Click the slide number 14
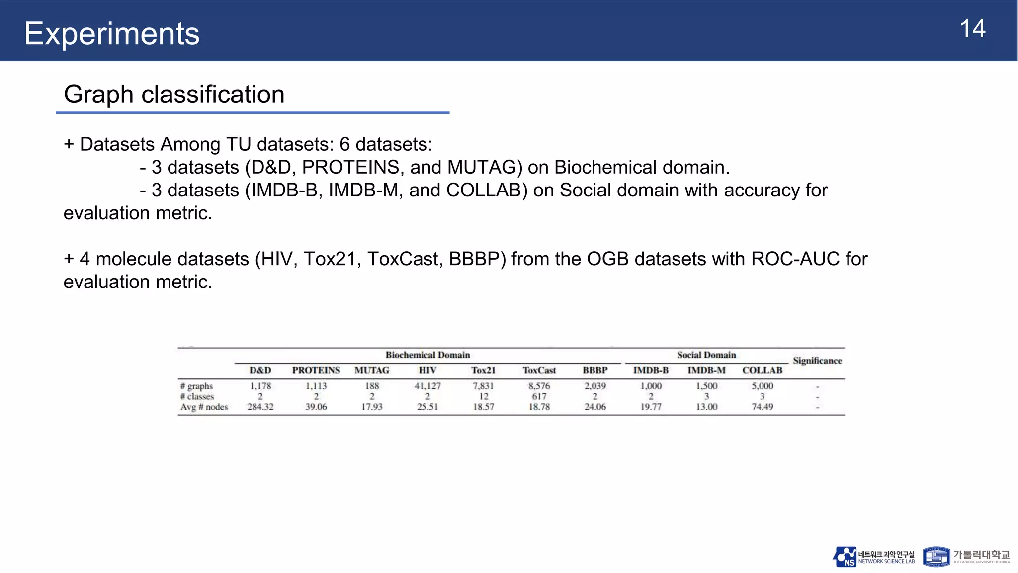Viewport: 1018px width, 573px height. point(972,29)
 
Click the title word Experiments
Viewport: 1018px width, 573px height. point(112,34)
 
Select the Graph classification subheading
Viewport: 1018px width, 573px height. point(174,95)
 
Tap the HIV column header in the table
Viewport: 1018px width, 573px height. point(427,370)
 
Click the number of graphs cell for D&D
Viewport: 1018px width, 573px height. point(260,386)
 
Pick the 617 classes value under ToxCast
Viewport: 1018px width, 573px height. point(539,396)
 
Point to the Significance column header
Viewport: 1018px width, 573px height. point(817,361)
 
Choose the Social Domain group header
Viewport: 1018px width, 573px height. point(706,355)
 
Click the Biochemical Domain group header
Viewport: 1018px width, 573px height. point(427,355)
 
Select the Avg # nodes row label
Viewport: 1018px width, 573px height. point(204,407)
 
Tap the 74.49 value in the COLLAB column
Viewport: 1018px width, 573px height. point(762,407)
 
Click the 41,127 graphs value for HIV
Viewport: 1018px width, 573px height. point(427,386)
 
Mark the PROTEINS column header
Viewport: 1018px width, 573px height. point(316,370)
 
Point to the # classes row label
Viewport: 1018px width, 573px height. point(197,396)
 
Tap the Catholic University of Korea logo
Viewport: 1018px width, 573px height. point(966,557)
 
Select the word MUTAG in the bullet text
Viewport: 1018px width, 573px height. point(485,168)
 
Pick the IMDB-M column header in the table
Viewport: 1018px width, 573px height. point(706,370)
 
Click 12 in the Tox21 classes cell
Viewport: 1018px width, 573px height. point(484,396)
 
